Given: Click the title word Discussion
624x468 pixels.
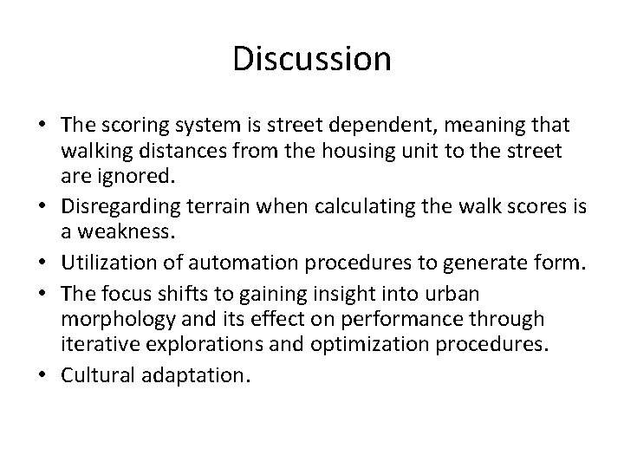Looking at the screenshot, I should point(312,60).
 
